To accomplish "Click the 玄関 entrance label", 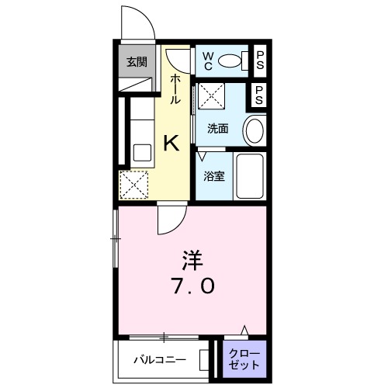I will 137,62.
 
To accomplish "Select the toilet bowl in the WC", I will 232,61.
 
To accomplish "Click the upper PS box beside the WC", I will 260,59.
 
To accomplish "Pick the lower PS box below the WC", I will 260,96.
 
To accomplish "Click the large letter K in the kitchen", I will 171,143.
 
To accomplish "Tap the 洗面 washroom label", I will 217,129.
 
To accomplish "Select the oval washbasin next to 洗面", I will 254,131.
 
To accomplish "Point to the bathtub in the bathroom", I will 250,177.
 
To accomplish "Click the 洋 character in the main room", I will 193,257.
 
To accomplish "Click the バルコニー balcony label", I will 158,359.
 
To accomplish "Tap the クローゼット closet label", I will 244,359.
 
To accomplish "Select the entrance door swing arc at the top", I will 137,21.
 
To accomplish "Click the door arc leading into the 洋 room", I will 171,220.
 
